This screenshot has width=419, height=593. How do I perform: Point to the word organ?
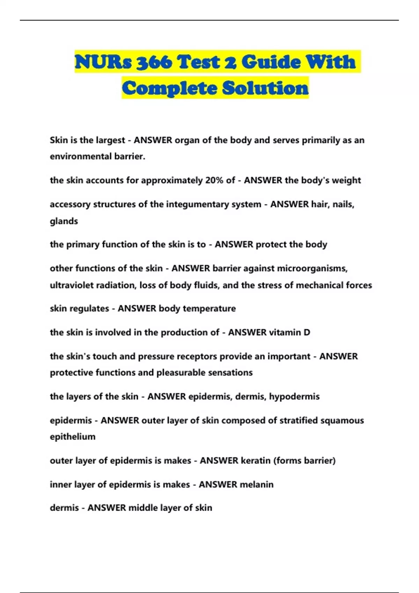(187, 140)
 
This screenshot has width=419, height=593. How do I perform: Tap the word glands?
(64, 221)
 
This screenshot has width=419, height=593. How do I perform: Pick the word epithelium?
(73, 437)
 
